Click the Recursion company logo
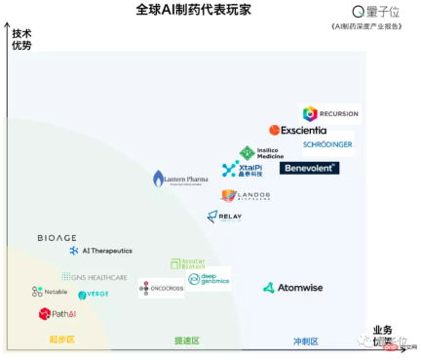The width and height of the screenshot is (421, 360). point(329,113)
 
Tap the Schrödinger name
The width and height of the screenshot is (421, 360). point(326,144)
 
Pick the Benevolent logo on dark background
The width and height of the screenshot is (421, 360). point(309,168)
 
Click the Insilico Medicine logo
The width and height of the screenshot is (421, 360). point(260,152)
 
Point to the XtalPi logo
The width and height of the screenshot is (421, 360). point(243,170)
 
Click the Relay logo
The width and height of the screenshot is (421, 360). point(224,217)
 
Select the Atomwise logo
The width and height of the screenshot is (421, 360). point(293,288)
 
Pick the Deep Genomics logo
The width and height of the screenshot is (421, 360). point(209,279)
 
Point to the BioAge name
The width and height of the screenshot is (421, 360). point(57,238)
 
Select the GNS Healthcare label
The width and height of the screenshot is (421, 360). point(95,277)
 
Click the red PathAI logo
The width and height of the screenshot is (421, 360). point(57,314)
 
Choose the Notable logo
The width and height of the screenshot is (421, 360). point(50,292)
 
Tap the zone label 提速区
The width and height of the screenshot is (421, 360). point(186,340)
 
